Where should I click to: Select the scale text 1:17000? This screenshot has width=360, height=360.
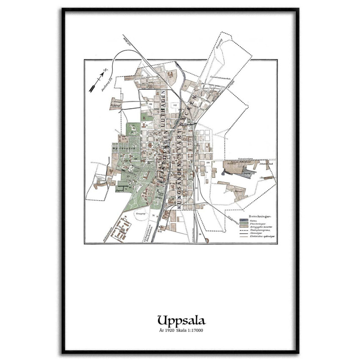point(195,330)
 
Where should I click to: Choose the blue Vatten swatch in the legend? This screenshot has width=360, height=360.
point(244,220)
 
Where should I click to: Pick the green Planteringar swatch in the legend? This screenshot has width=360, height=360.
point(244,224)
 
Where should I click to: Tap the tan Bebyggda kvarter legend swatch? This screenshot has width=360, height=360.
point(244,227)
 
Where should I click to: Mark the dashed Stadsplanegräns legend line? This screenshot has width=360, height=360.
point(244,231)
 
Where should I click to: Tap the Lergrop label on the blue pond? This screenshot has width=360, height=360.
point(247,173)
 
